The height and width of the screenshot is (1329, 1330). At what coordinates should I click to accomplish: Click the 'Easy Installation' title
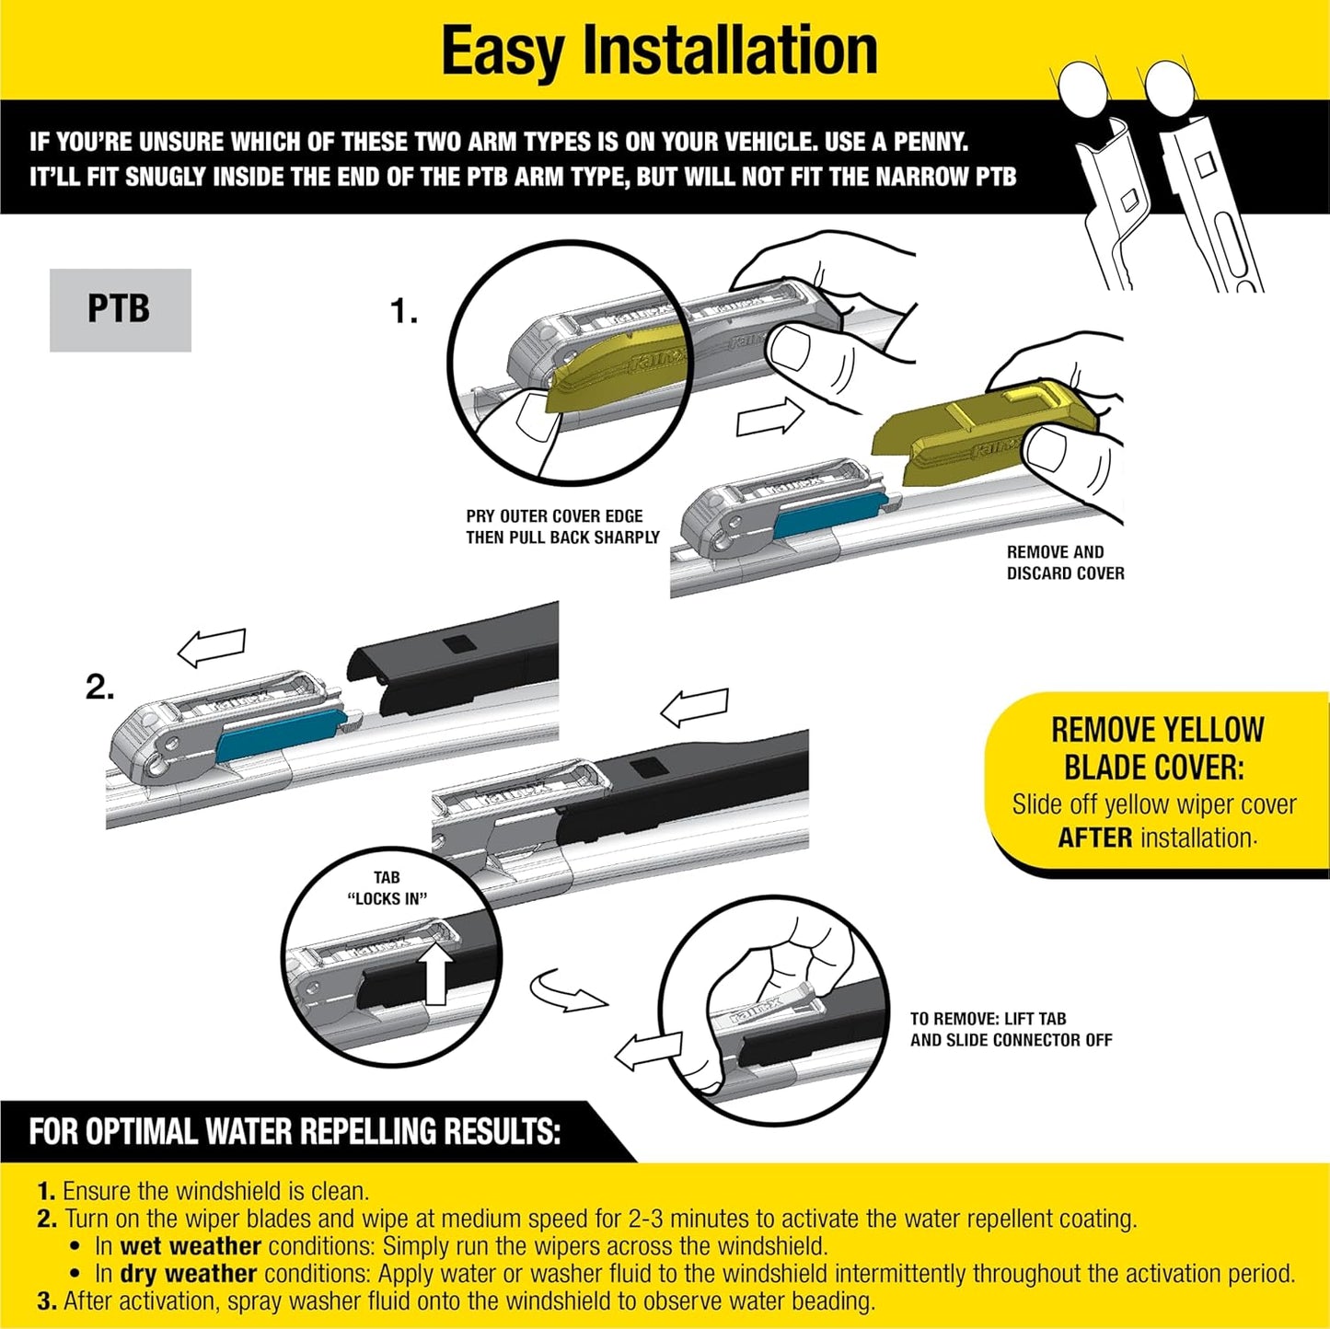click(x=659, y=51)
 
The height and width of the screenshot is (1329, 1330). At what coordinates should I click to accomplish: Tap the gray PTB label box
click(x=120, y=309)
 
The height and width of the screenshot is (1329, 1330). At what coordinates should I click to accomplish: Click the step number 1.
click(x=402, y=312)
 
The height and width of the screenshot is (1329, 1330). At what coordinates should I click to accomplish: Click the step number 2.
click(x=99, y=687)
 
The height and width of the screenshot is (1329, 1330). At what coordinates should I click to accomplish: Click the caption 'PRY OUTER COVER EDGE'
click(x=554, y=516)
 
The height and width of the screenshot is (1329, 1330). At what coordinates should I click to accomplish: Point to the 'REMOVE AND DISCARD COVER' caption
click(x=1065, y=562)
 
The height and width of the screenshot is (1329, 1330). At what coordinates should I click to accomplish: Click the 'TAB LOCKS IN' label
click(x=387, y=888)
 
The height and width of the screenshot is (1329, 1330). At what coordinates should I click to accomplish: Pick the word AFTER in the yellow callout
click(x=1094, y=838)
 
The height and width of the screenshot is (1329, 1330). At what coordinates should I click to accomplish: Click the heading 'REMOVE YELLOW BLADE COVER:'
click(x=1157, y=748)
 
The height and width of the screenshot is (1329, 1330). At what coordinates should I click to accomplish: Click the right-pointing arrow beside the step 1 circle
click(x=770, y=418)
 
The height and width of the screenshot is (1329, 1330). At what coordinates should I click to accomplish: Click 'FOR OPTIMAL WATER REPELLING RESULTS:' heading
click(x=295, y=1131)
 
